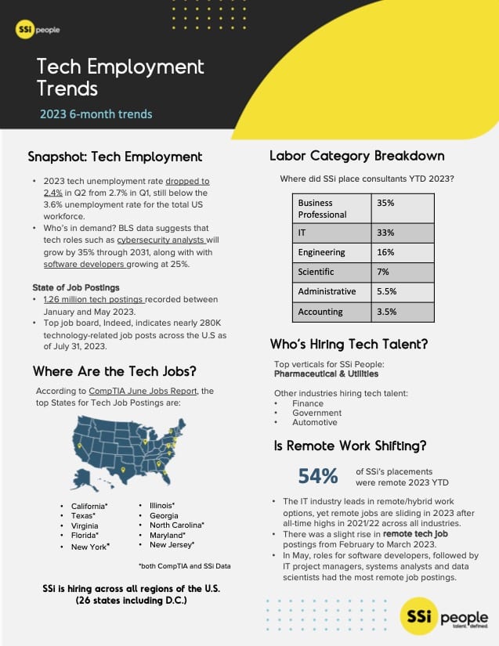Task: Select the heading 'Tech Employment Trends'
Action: click(x=120, y=77)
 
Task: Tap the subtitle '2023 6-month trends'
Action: click(x=96, y=114)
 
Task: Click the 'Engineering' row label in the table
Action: click(x=322, y=252)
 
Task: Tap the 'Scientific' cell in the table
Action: click(x=316, y=272)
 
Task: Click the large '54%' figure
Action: click(x=318, y=475)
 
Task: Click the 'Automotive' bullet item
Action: click(x=314, y=422)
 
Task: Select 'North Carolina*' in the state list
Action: click(x=176, y=525)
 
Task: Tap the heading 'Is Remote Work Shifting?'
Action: click(x=349, y=446)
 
